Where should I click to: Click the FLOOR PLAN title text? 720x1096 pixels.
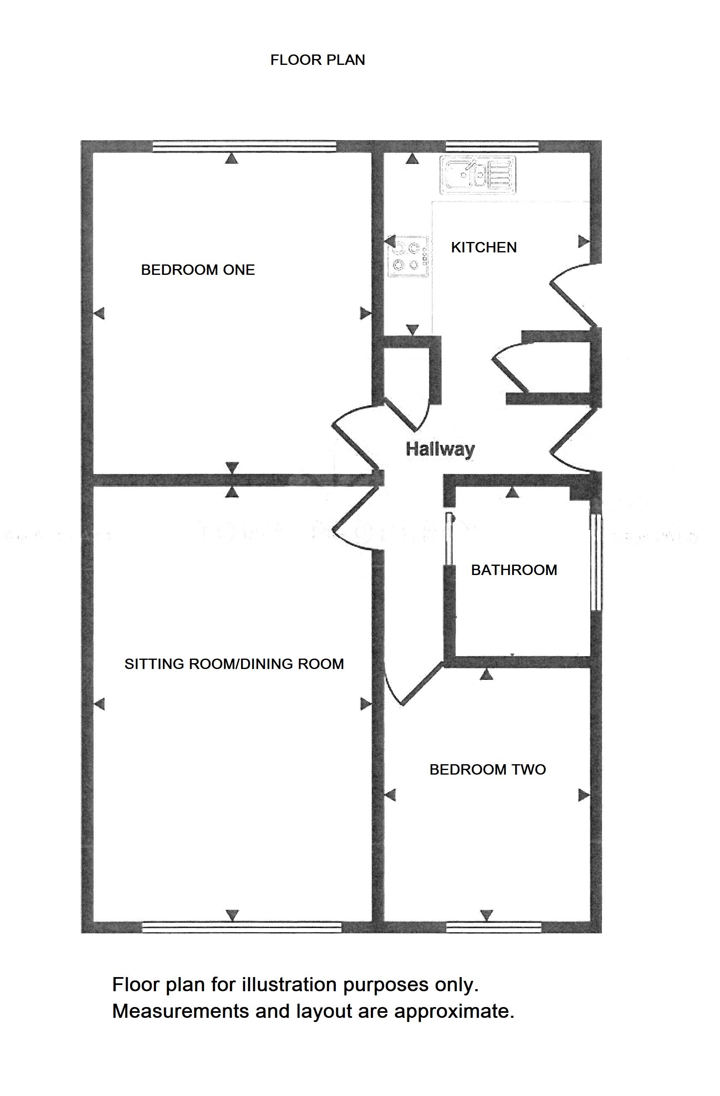317,60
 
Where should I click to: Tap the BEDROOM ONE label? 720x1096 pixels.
197,270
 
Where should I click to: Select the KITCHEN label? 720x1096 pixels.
483,248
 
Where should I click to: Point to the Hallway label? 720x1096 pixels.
440,449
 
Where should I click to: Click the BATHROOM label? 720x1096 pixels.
514,570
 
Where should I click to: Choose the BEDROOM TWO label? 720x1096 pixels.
487,770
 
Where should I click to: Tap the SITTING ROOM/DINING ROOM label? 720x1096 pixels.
234,664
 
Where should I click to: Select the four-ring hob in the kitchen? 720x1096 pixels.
408,257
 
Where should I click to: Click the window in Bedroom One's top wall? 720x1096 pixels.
244,146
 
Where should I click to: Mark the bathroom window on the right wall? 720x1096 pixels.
596,562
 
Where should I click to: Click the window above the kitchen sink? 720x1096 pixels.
492,146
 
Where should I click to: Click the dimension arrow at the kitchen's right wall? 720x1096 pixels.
583,241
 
